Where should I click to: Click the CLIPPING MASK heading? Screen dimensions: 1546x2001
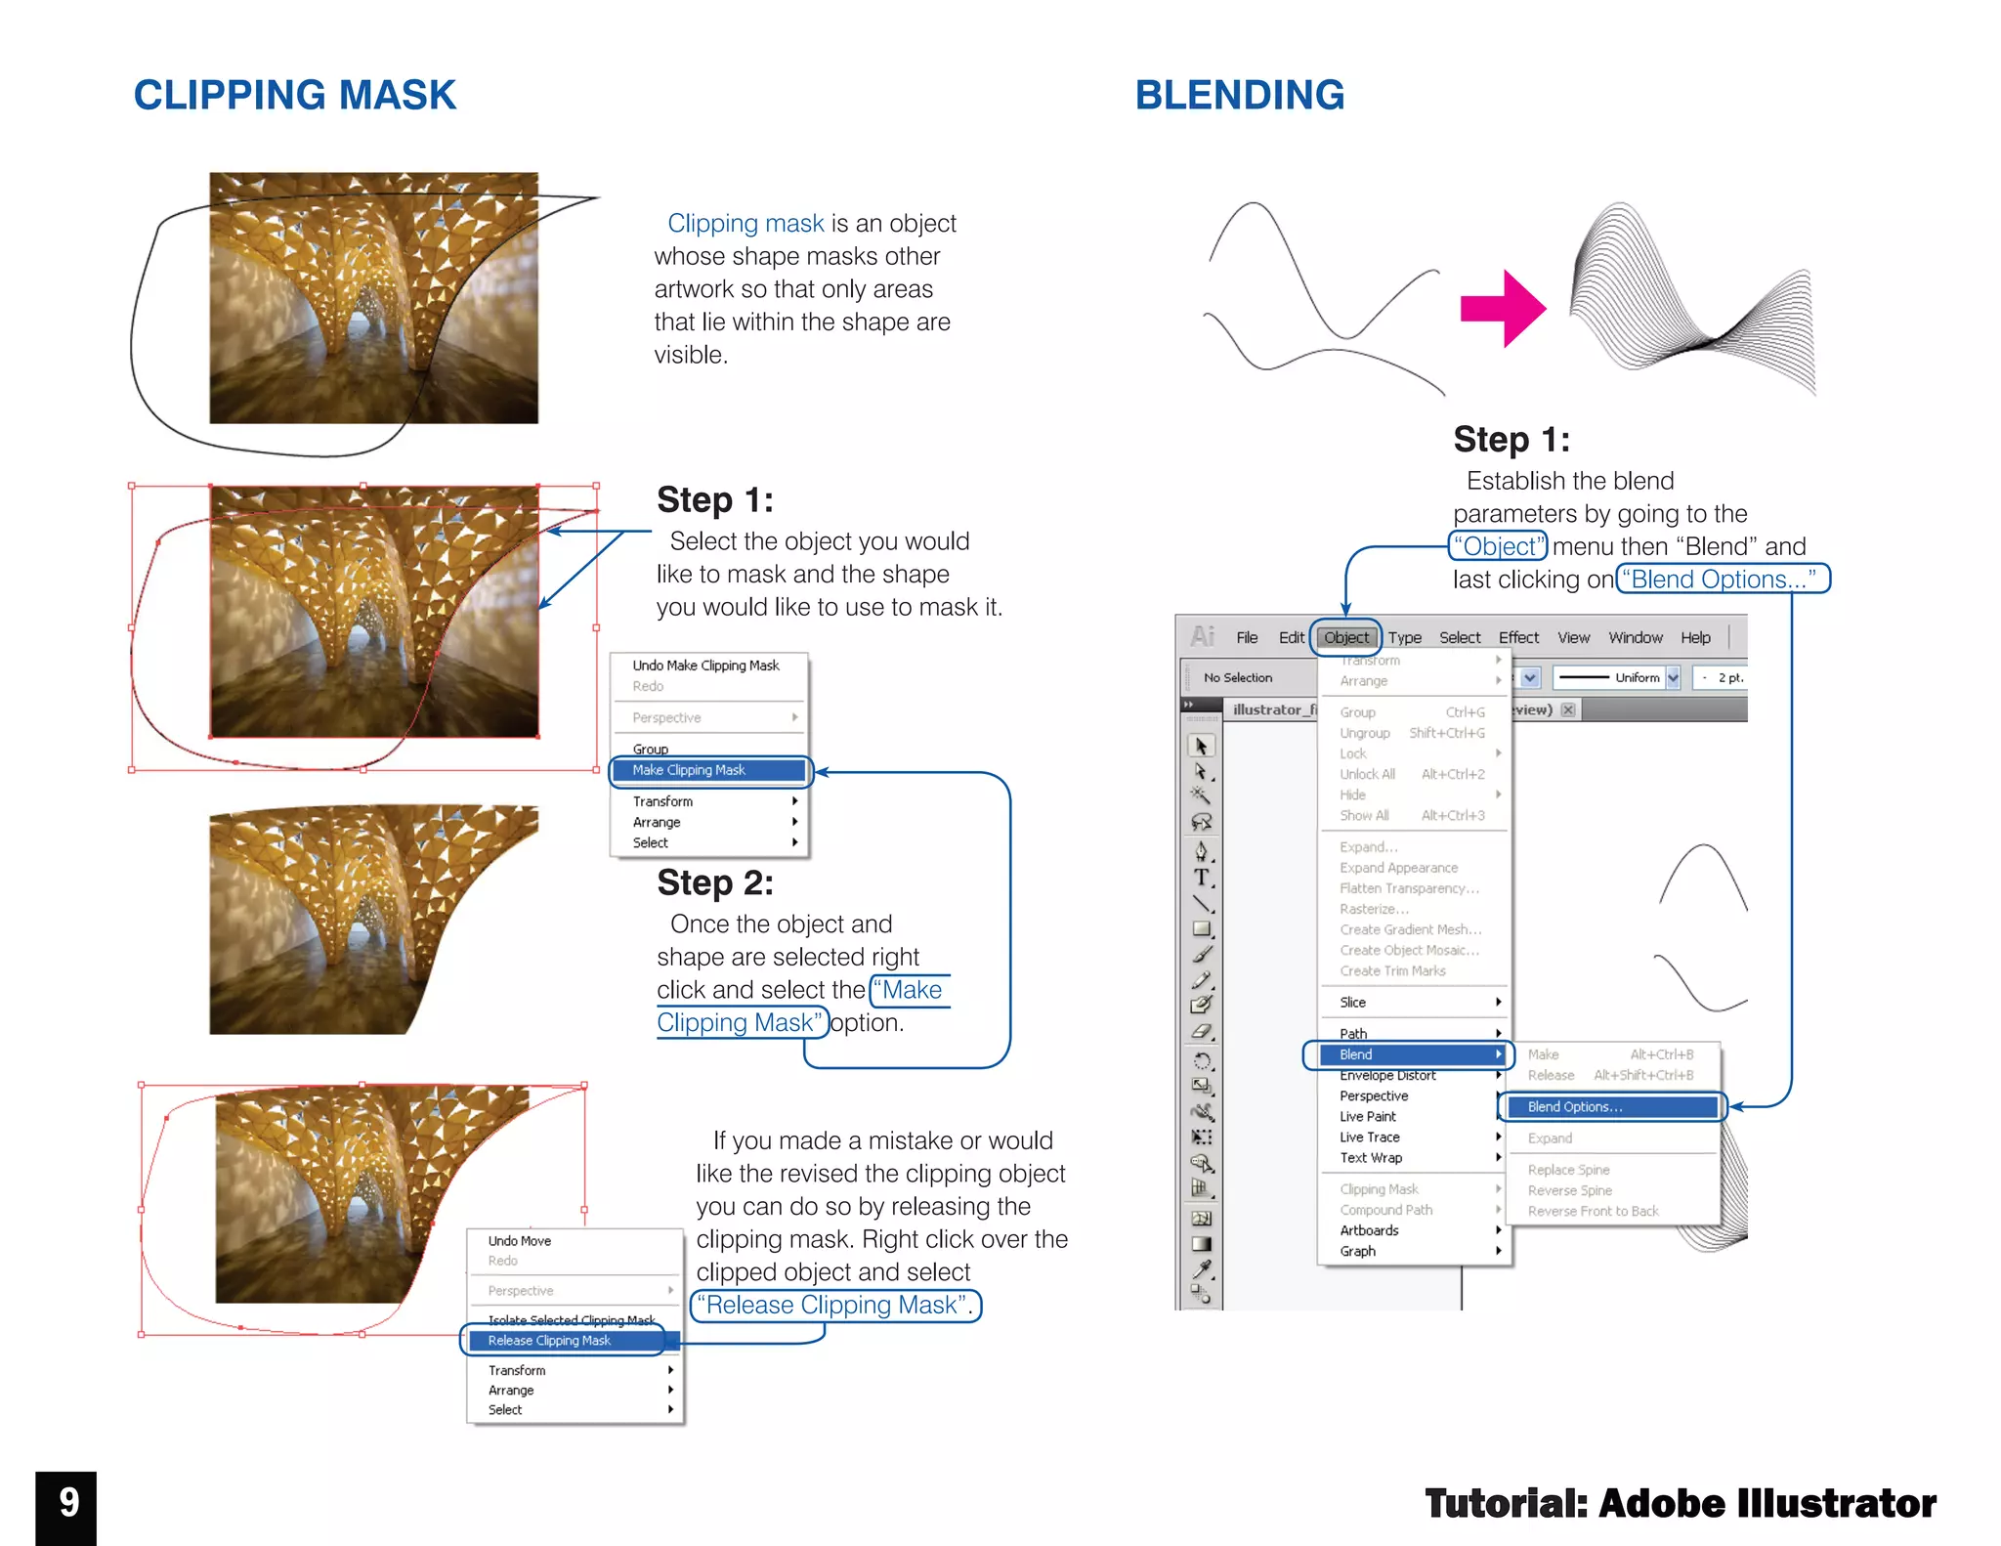294,96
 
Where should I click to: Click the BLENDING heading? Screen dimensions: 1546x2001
1239,96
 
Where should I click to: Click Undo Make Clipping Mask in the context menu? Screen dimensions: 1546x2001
705,666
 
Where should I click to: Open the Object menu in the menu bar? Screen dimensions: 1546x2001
1345,638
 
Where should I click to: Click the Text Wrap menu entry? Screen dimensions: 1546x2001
1371,1158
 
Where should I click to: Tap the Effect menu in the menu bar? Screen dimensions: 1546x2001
1517,638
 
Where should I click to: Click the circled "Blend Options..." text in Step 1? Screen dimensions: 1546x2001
1722,580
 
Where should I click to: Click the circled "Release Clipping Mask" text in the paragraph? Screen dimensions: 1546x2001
834,1306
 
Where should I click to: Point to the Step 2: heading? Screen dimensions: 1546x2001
715,882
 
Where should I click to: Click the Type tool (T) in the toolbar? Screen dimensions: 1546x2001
1201,878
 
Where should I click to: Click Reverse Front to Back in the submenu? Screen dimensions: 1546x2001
1593,1212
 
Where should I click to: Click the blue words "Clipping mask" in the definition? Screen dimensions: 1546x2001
745,224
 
